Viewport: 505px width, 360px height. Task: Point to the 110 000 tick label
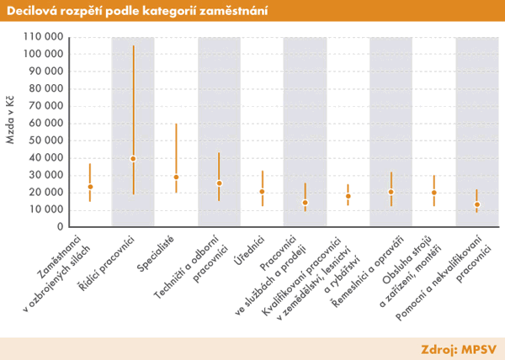(42, 37)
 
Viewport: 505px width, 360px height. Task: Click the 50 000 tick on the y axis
(45, 140)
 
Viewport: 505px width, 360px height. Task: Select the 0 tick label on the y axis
(57, 226)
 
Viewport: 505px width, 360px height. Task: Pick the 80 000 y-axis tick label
(45, 88)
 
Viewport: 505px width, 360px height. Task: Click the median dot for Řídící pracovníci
(133, 158)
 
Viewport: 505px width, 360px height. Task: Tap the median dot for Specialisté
(176, 177)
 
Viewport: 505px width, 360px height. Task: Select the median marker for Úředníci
(262, 192)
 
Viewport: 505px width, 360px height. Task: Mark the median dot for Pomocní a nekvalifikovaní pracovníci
(476, 204)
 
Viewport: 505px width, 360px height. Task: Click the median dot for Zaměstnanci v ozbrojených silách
(90, 187)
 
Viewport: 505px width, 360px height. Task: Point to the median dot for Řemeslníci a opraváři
(391, 192)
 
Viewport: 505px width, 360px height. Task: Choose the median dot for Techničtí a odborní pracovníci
(219, 183)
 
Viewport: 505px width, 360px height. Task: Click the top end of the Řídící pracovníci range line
(133, 45)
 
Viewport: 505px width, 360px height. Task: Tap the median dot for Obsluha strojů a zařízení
(433, 193)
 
